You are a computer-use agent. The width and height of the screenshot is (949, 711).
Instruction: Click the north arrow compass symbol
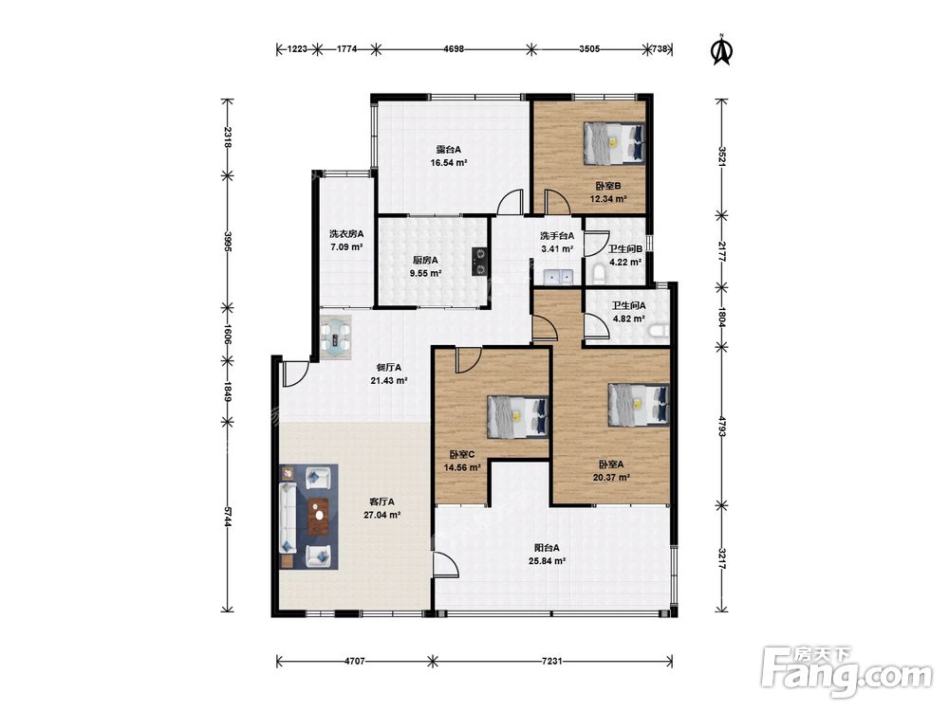pyautogui.click(x=721, y=49)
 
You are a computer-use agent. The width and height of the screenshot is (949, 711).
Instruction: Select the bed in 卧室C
pyautogui.click(x=517, y=416)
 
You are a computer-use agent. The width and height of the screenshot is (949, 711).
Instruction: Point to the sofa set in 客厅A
pyautogui.click(x=308, y=517)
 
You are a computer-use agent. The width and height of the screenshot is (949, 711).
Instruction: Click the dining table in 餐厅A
pyautogui.click(x=336, y=337)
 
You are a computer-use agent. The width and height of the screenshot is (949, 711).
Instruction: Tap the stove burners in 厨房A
pyautogui.click(x=480, y=262)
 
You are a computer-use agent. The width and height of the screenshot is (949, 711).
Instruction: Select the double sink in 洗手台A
pyautogui.click(x=558, y=276)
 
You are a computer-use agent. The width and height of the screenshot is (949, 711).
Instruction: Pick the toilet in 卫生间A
pyautogui.click(x=658, y=331)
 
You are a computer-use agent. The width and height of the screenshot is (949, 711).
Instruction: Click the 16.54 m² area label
pyautogui.click(x=449, y=163)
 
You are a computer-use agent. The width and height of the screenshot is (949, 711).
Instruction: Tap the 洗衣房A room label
pyautogui.click(x=346, y=234)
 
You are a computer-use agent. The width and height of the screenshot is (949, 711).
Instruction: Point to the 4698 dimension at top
pyautogui.click(x=454, y=49)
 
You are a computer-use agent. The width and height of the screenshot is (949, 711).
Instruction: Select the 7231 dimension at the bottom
pyautogui.click(x=551, y=661)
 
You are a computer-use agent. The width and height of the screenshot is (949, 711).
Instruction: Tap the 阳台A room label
pyautogui.click(x=547, y=548)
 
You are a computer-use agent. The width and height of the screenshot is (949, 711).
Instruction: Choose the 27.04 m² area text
pyautogui.click(x=381, y=515)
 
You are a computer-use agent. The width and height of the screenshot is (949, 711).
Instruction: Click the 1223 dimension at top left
pyautogui.click(x=296, y=49)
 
